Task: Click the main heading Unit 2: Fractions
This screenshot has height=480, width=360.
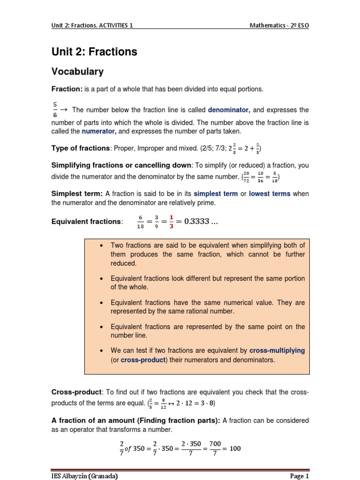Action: point(94,52)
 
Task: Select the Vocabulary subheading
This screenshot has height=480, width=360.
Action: point(77,72)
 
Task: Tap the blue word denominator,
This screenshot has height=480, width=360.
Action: point(229,110)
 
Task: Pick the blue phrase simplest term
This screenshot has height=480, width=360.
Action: point(216,194)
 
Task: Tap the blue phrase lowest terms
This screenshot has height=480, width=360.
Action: point(270,194)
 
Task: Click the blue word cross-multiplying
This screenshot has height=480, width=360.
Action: point(277,350)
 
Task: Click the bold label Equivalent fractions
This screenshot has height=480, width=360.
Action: point(86,221)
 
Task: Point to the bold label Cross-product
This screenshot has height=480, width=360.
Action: point(76,391)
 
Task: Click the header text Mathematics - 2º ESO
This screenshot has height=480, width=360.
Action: point(279,25)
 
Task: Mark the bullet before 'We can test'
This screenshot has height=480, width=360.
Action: point(102,350)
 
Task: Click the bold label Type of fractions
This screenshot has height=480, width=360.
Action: point(80,149)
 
